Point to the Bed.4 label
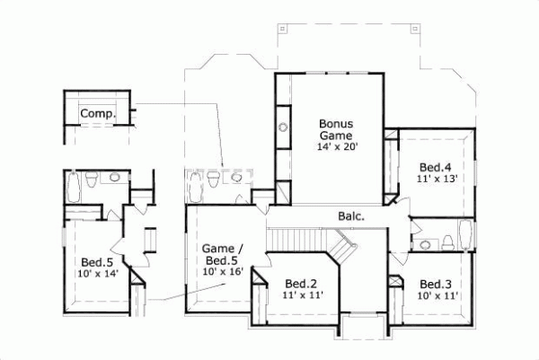(x=437, y=167)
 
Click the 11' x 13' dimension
(x=437, y=179)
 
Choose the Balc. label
(x=351, y=216)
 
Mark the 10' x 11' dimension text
(x=437, y=295)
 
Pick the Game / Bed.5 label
(x=220, y=253)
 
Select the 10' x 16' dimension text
(x=220, y=271)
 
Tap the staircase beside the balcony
(x=305, y=241)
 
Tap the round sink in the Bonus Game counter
(x=284, y=127)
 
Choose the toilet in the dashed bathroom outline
(x=211, y=181)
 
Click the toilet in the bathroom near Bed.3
(x=445, y=241)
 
